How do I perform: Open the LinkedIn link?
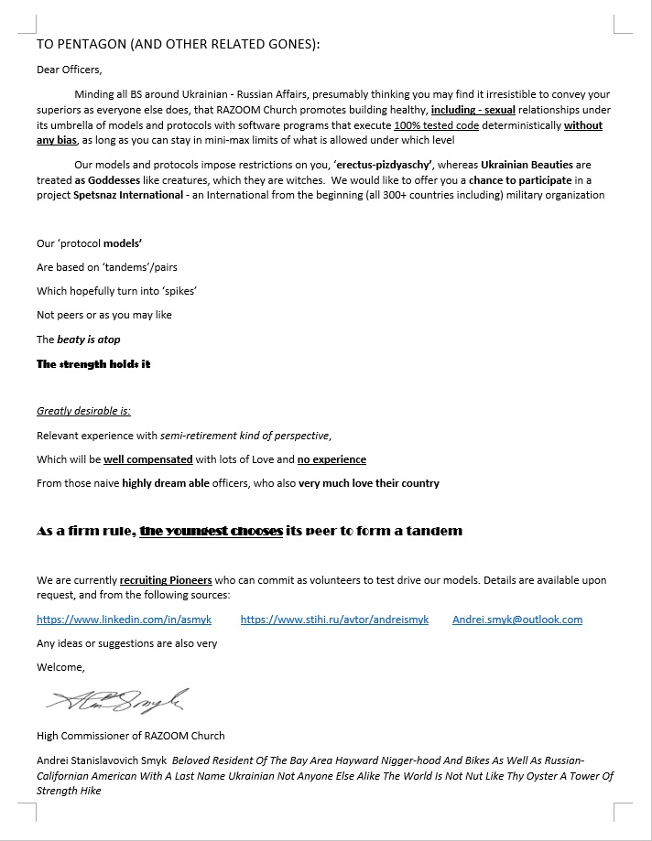click(124, 620)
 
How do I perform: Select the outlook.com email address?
click(517, 620)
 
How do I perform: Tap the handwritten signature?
click(117, 702)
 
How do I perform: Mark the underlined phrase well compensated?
click(148, 458)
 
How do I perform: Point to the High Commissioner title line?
click(130, 735)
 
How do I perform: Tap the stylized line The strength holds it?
click(93, 363)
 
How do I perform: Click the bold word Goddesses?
click(114, 180)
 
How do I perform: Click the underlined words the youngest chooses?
click(211, 531)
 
